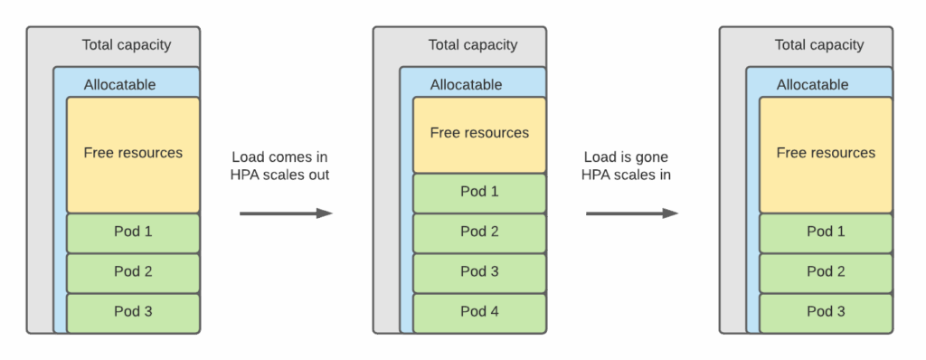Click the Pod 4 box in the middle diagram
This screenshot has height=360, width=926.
479,312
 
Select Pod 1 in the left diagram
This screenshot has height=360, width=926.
133,232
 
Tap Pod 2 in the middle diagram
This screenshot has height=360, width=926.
479,232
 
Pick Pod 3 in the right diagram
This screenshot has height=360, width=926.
826,312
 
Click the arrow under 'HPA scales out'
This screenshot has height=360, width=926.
286,213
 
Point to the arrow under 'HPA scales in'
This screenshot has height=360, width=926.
632,213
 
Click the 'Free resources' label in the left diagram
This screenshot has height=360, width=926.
133,153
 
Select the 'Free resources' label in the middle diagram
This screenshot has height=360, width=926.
479,133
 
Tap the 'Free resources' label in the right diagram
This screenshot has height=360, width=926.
826,153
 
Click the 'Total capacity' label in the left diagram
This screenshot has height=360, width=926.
126,45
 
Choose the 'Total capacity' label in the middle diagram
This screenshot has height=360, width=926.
472,45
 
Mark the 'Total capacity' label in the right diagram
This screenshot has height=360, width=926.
818,45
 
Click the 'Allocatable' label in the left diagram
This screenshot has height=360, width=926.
119,85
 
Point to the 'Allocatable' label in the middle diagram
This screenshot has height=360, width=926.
466,85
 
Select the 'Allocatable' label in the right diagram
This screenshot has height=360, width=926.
812,85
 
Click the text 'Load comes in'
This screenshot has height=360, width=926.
279,156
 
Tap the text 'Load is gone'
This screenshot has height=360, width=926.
626,156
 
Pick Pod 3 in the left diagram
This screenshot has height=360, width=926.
133,312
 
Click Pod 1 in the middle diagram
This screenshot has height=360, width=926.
479,192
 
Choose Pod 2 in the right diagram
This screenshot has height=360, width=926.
826,271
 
